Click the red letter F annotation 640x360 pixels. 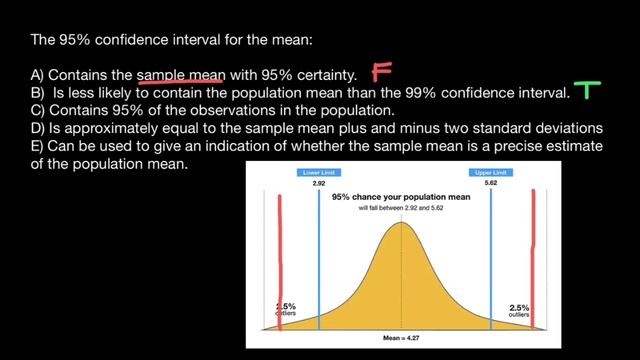click(x=381, y=72)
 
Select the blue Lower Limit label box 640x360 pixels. click(x=319, y=173)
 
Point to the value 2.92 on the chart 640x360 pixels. click(x=319, y=184)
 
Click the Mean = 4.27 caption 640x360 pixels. click(x=402, y=337)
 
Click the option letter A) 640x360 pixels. click(x=39, y=75)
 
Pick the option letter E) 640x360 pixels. click(x=39, y=146)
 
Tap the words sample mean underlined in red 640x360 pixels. click(x=180, y=75)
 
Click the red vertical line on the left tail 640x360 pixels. click(x=279, y=260)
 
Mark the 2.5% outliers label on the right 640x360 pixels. click(x=519, y=310)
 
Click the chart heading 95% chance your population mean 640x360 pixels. click(x=402, y=198)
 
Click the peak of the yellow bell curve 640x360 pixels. click(x=402, y=223)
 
